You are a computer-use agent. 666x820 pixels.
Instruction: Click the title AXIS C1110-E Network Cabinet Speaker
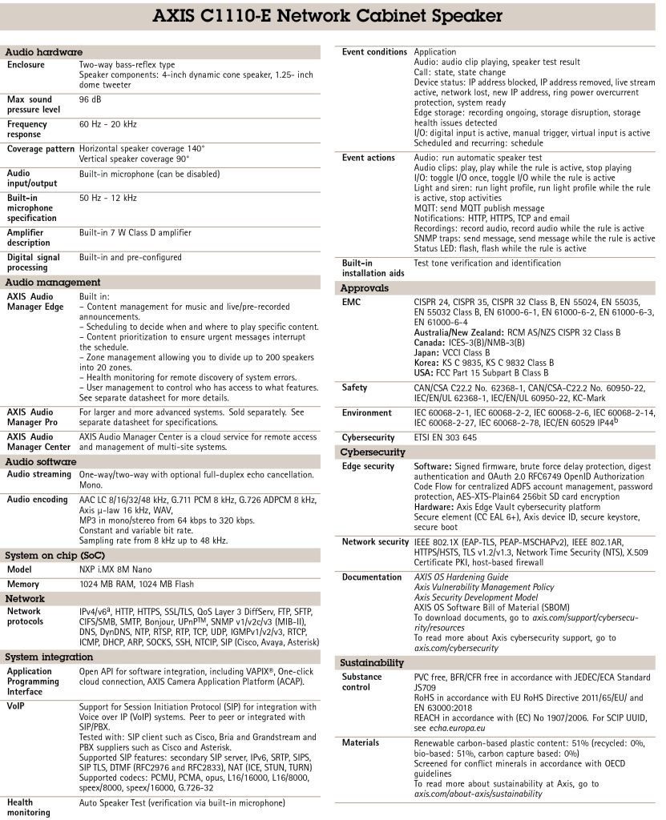pyautogui.click(x=333, y=16)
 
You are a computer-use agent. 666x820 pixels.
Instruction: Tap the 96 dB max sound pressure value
pyautogui.click(x=89, y=100)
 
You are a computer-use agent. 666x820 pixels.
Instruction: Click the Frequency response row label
pyautogui.click(x=27, y=130)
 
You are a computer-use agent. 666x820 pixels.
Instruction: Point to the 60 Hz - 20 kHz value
pyautogui.click(x=108, y=125)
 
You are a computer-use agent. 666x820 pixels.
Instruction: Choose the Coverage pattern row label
pyautogui.click(x=39, y=149)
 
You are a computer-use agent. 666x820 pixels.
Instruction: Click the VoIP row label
pyautogui.click(x=17, y=706)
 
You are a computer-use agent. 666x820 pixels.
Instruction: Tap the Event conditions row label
pyautogui.click(x=374, y=52)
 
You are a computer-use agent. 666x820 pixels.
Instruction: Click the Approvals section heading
pyautogui.click(x=364, y=287)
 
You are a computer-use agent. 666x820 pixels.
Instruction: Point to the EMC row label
pyautogui.click(x=352, y=302)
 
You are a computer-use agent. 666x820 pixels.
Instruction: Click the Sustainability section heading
pyautogui.click(x=372, y=663)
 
